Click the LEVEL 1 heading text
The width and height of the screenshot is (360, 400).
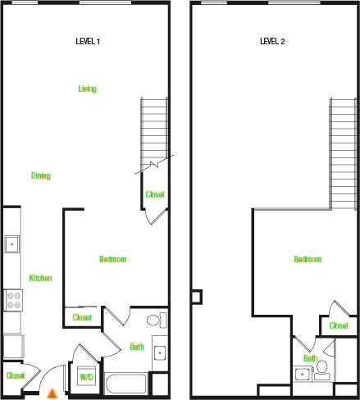coord(88,41)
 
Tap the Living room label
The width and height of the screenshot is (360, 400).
coord(88,89)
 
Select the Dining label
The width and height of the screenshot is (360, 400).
coord(41,175)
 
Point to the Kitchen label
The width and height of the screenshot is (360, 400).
coord(40,278)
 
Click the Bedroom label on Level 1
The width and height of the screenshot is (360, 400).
coord(112,259)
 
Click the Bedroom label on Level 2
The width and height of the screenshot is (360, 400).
coord(308,259)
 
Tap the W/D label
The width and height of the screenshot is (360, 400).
coord(86,376)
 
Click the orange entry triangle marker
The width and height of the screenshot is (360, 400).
coord(52,393)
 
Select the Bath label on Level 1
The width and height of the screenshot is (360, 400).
coord(136,347)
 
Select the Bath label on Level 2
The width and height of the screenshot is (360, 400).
coord(310,358)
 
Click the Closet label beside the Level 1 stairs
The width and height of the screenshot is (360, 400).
coord(155,194)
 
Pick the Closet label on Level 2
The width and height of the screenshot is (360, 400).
coord(339,325)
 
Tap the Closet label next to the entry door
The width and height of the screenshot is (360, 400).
coord(16,375)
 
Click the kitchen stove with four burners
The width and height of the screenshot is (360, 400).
coord(12,300)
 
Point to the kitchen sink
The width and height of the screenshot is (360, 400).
coord(11,244)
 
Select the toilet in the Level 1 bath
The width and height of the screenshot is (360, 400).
coord(155,320)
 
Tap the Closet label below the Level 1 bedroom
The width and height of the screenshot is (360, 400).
coord(82,317)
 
